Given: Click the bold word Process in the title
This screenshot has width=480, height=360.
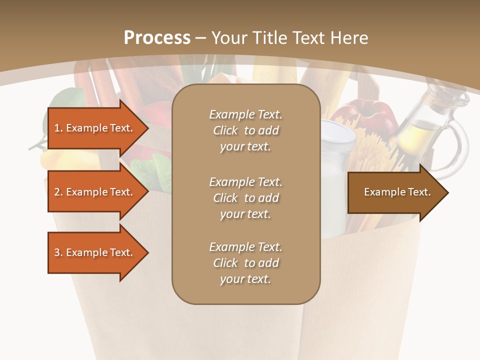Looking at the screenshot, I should pos(157,38).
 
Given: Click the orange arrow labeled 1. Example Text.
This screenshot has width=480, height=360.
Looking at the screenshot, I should pos(95,128).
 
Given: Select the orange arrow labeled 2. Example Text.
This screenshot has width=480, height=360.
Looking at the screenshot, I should pos(95,192).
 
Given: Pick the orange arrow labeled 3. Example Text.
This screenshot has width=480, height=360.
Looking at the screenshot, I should pos(95,252).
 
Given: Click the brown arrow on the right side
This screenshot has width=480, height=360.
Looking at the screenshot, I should pos(395,192).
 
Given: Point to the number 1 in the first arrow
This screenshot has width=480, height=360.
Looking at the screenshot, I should pos(57,128).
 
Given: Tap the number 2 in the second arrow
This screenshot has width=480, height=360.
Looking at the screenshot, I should pos(57,192).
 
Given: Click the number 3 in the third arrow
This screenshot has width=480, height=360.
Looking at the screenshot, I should pos(57,252).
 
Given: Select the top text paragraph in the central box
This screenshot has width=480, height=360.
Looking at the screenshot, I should pos(245,130).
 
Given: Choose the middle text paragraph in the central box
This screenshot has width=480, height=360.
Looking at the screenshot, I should pos(245,198).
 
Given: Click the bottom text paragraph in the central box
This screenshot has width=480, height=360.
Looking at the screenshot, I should pos(245,263).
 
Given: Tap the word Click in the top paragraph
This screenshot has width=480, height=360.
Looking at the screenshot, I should pos(225,130).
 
